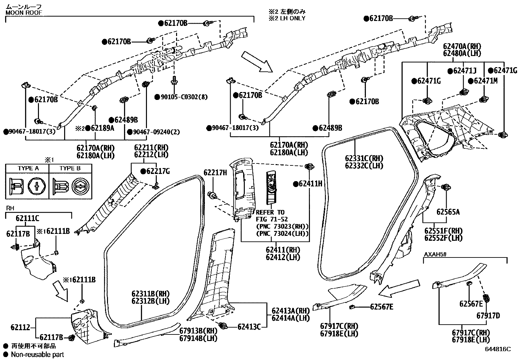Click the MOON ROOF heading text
(24, 13)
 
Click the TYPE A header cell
(28, 168)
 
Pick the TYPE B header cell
(70, 168)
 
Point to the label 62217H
(215, 173)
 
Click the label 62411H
(310, 184)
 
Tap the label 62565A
(448, 212)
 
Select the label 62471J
(465, 71)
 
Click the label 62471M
(485, 81)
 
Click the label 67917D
(488, 316)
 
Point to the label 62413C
(249, 327)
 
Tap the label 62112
(20, 327)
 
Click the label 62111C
(27, 218)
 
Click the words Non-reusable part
(37, 354)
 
